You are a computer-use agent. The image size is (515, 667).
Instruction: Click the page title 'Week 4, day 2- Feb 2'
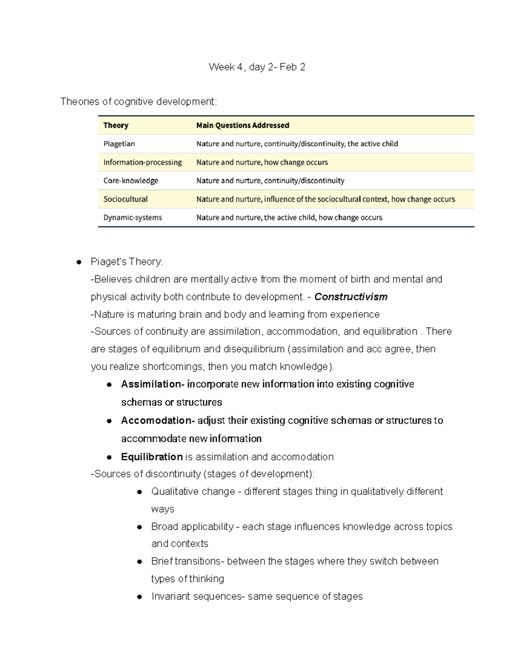point(257,67)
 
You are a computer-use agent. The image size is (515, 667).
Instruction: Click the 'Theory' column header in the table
point(116,125)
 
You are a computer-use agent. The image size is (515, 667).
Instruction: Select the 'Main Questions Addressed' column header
point(242,125)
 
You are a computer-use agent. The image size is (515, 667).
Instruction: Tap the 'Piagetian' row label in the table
point(119,144)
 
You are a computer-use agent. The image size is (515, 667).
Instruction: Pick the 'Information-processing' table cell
point(142,162)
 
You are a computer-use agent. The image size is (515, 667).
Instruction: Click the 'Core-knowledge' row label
point(130,181)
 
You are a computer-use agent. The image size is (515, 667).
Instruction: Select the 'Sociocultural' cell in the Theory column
point(125,199)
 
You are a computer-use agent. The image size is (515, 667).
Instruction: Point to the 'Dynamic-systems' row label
point(133,218)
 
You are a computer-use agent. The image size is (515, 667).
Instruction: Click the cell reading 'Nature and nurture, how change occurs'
point(262,162)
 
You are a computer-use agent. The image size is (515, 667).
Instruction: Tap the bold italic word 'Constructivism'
point(351,297)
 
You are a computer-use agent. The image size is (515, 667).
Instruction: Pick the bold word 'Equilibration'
point(152,457)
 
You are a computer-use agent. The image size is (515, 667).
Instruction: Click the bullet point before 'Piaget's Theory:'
point(79,262)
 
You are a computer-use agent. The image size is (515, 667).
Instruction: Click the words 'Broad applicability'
point(192,527)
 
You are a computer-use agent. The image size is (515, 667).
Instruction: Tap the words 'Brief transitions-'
point(187,561)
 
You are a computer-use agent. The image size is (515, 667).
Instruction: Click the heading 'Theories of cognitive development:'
point(139,102)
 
